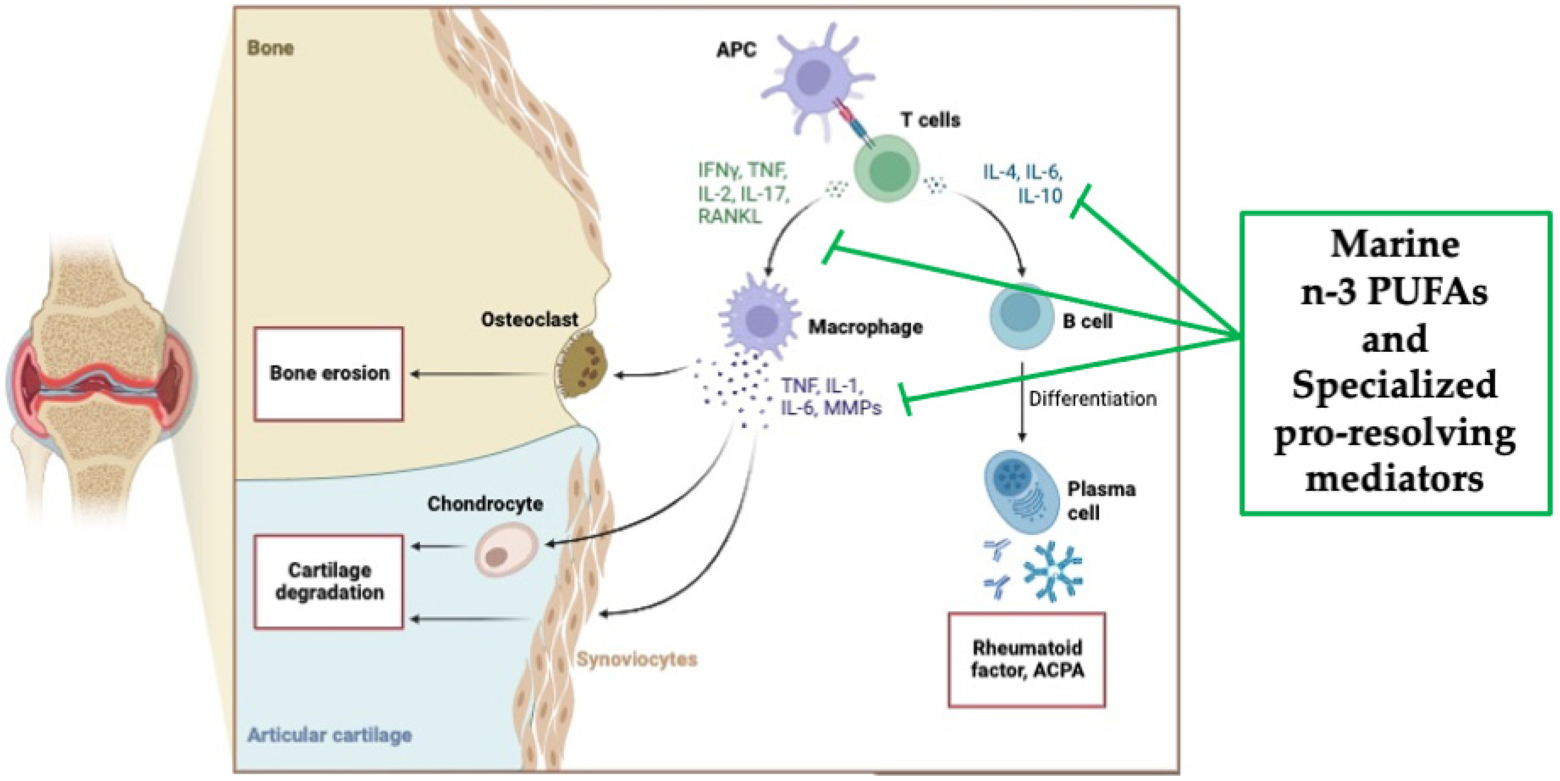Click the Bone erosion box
[329, 373]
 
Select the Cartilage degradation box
[329, 581]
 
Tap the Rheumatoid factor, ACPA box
[1027, 659]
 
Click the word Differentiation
[1092, 399]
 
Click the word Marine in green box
[1395, 245]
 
